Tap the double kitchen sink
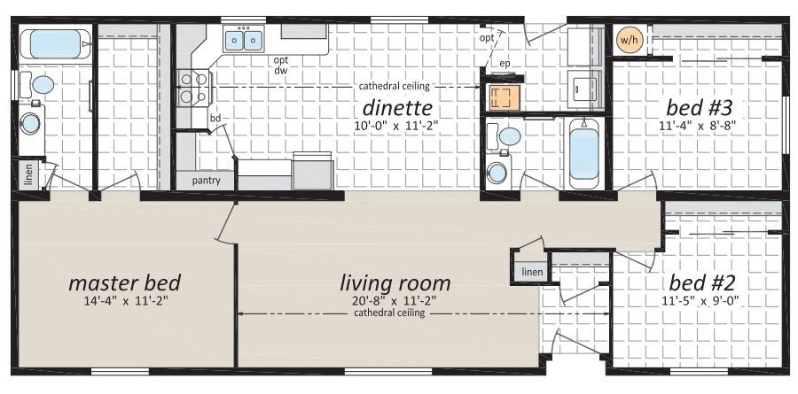244,40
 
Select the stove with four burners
193,87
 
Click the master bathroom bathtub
55,44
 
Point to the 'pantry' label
206,181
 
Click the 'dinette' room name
397,108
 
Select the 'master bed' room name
125,283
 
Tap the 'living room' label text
395,283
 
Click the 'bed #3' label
700,108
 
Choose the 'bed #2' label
702,282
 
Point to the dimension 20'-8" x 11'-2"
395,300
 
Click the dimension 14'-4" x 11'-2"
126,300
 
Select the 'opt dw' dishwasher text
281,66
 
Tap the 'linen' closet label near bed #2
532,272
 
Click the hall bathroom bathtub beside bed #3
583,153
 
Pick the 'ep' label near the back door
505,64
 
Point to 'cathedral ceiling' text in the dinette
395,86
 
